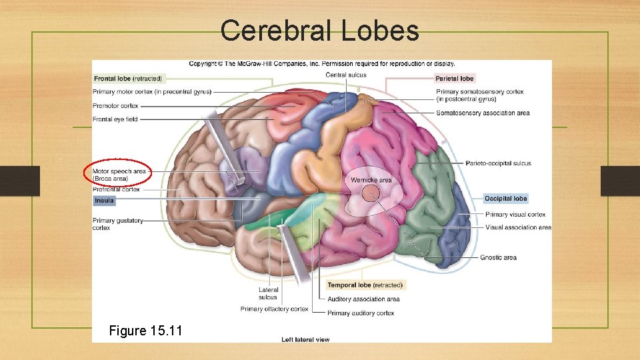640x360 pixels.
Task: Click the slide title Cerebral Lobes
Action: [319, 31]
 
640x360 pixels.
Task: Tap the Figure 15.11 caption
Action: [147, 331]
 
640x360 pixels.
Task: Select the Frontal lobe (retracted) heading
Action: [128, 79]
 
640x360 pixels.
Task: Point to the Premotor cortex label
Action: [116, 106]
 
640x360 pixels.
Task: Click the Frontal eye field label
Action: [115, 119]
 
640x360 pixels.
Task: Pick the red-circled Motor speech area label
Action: [119, 175]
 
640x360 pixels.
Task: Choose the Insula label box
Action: [104, 201]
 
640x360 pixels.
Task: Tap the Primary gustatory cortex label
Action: [117, 224]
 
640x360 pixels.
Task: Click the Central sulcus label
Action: [346, 75]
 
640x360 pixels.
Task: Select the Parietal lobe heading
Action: [455, 79]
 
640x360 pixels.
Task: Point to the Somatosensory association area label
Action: [483, 113]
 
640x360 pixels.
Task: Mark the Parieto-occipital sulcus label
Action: [498, 163]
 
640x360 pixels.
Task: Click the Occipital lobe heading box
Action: [505, 199]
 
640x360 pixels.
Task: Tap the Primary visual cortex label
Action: [515, 215]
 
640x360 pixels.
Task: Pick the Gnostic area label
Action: [498, 258]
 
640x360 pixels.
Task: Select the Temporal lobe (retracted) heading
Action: [365, 285]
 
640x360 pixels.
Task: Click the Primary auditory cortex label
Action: [361, 313]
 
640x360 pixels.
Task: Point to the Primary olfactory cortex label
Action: [275, 309]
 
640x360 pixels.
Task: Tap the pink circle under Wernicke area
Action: [371, 194]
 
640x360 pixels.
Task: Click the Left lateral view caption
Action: [305, 340]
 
